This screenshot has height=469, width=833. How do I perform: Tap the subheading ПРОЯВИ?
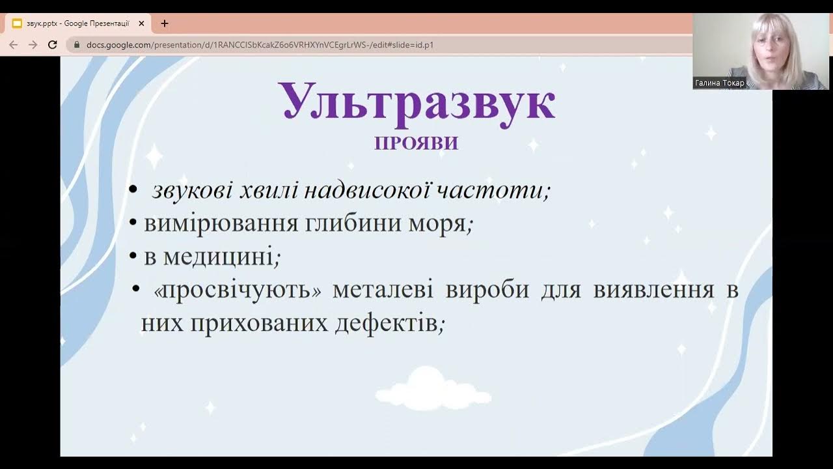(x=416, y=143)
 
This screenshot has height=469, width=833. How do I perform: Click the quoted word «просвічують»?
(x=238, y=290)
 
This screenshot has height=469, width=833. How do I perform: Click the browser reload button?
(x=53, y=45)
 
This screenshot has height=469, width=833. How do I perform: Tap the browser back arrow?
(x=14, y=45)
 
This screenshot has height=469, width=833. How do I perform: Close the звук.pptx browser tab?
(x=141, y=23)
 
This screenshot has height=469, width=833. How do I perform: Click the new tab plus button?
(x=165, y=23)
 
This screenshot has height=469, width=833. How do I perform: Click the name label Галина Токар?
(x=719, y=83)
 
